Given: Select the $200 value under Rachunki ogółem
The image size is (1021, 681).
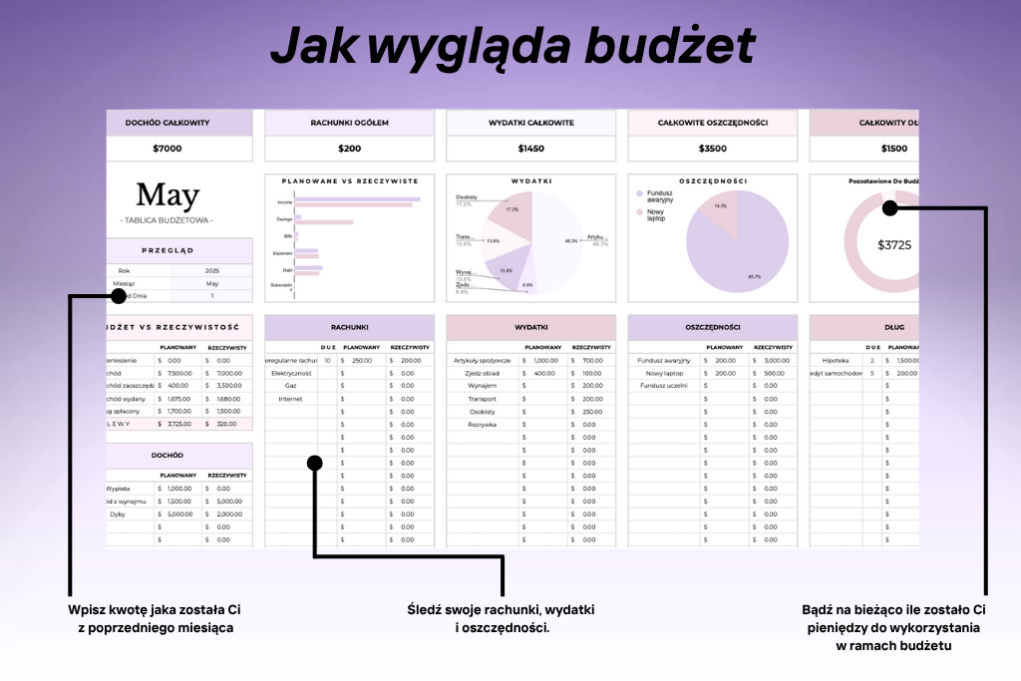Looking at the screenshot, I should pos(350,149).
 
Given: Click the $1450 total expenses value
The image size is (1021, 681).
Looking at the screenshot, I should pos(531,149).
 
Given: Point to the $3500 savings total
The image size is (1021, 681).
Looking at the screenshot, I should pos(713,149).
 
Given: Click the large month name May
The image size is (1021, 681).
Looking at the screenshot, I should pos(168,195).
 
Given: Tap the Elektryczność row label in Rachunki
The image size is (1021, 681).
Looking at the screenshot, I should pos(292,373).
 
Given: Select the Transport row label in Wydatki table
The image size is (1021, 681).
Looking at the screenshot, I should pos(482,398).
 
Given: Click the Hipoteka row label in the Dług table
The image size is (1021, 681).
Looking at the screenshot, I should pos(836,360).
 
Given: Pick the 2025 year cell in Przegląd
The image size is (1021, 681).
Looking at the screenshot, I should pos(211,270).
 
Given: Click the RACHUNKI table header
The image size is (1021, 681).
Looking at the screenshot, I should pos(350,326).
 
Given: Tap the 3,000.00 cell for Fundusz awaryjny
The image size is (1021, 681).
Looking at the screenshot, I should pos(776,360).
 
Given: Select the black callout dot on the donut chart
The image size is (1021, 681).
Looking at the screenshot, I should pos(890,207).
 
